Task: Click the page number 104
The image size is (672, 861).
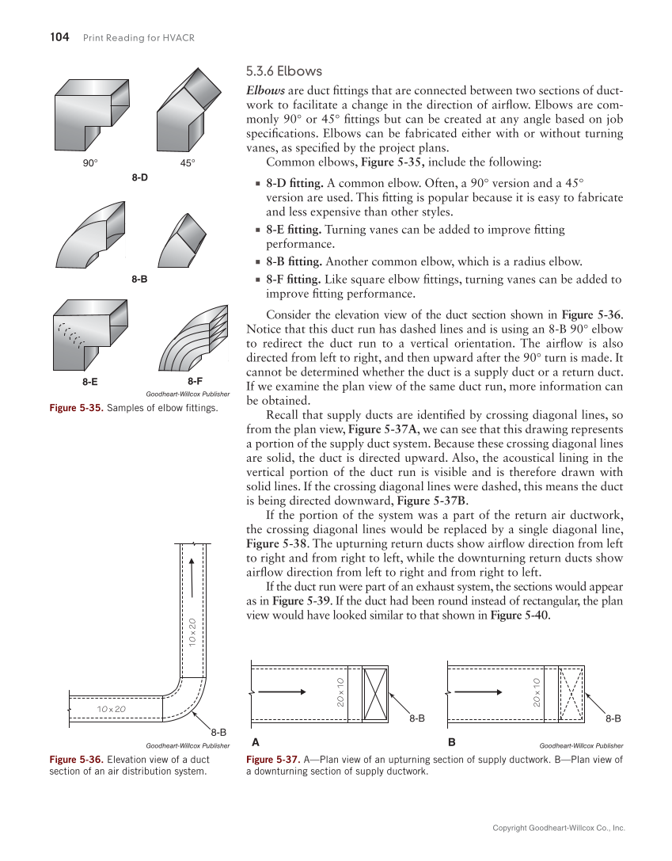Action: [59, 37]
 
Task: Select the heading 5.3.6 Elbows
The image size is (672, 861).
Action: [284, 71]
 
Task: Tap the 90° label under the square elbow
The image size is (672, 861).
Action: [90, 163]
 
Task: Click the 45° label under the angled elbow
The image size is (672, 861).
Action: [187, 163]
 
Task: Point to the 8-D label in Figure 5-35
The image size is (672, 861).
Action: [139, 177]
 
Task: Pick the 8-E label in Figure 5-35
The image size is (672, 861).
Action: [90, 382]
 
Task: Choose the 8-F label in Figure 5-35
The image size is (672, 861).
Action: [196, 382]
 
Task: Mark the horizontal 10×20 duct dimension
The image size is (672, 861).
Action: [111, 708]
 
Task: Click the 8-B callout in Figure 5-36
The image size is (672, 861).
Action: [218, 733]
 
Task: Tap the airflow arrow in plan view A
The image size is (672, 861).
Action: [282, 691]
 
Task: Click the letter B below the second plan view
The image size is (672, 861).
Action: [452, 744]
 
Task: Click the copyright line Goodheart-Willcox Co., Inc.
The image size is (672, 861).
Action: [559, 828]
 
